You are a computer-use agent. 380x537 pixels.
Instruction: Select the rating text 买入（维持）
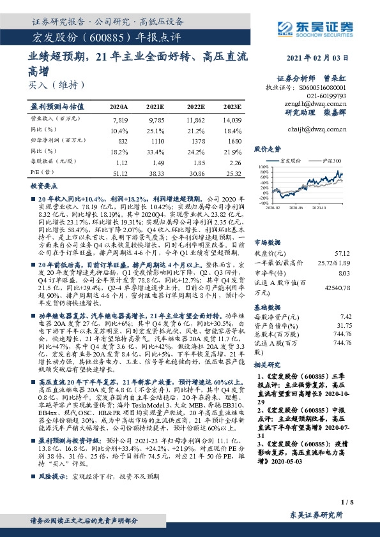click(x=56, y=84)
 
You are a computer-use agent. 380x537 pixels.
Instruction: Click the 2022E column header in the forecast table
click(x=196, y=107)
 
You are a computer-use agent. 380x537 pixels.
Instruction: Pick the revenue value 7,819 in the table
click(x=119, y=119)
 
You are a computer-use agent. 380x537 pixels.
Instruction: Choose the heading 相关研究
click(x=268, y=364)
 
